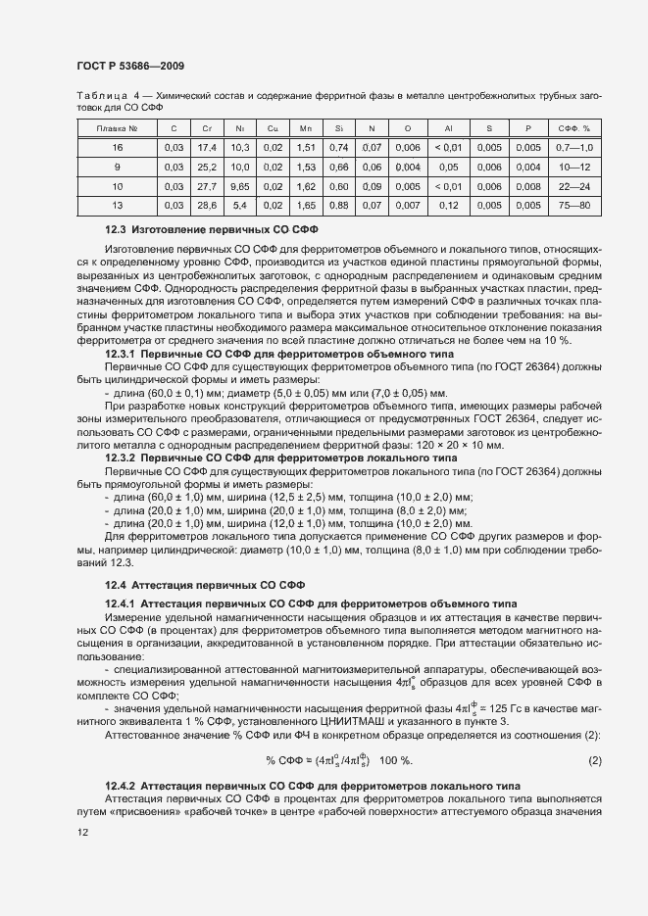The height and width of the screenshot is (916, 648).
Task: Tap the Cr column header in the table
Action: [x=207, y=128]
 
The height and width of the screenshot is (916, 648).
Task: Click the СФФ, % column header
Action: [x=573, y=128]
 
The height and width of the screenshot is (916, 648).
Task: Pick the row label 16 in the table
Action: [x=117, y=147]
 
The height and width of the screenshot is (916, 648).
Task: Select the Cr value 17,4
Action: [x=207, y=147]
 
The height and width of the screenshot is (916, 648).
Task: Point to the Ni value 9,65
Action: [x=240, y=186]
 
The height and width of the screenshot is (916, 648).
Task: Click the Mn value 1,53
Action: [x=305, y=167]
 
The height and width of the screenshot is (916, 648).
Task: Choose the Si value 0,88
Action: [x=338, y=205]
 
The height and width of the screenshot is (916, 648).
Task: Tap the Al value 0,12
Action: [x=447, y=205]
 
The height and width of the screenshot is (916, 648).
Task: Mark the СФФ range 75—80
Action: [x=573, y=205]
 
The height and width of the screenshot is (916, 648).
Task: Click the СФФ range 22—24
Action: [x=573, y=186]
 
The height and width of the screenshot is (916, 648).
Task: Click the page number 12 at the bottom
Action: [x=82, y=832]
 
